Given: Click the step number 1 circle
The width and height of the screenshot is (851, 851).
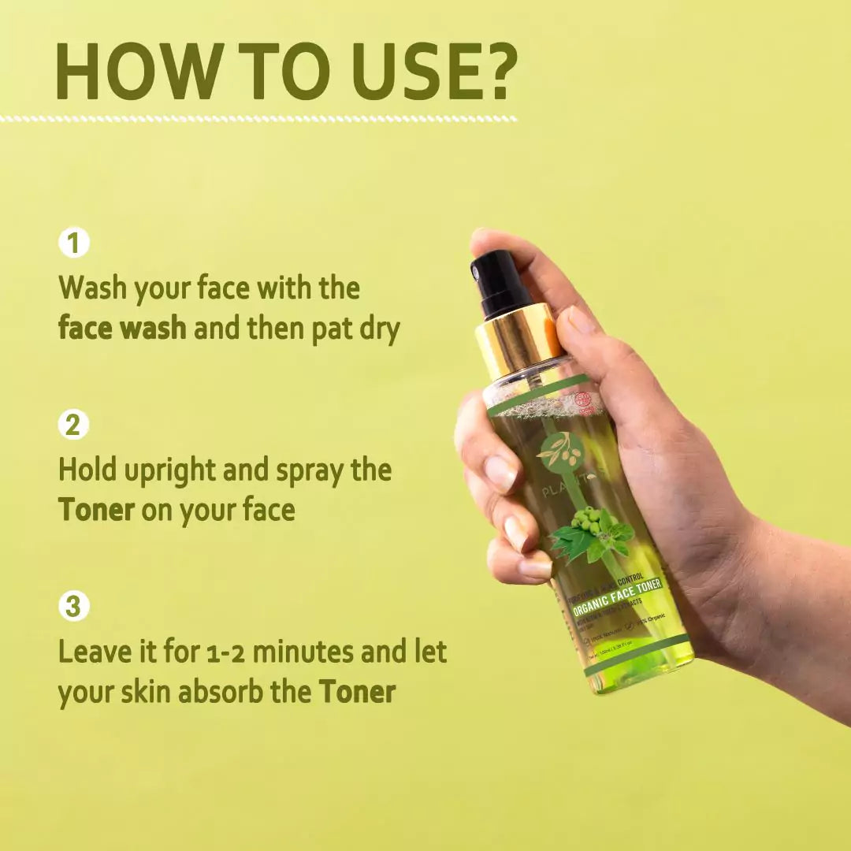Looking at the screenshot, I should (74, 243).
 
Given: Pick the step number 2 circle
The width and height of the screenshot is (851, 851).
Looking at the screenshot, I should (74, 425).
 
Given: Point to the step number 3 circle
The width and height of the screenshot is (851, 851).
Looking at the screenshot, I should (74, 607).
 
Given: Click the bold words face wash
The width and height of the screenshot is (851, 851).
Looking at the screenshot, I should (122, 328).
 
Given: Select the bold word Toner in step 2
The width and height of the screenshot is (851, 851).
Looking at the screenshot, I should (96, 510).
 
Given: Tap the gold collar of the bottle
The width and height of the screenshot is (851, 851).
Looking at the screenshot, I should (516, 339).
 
